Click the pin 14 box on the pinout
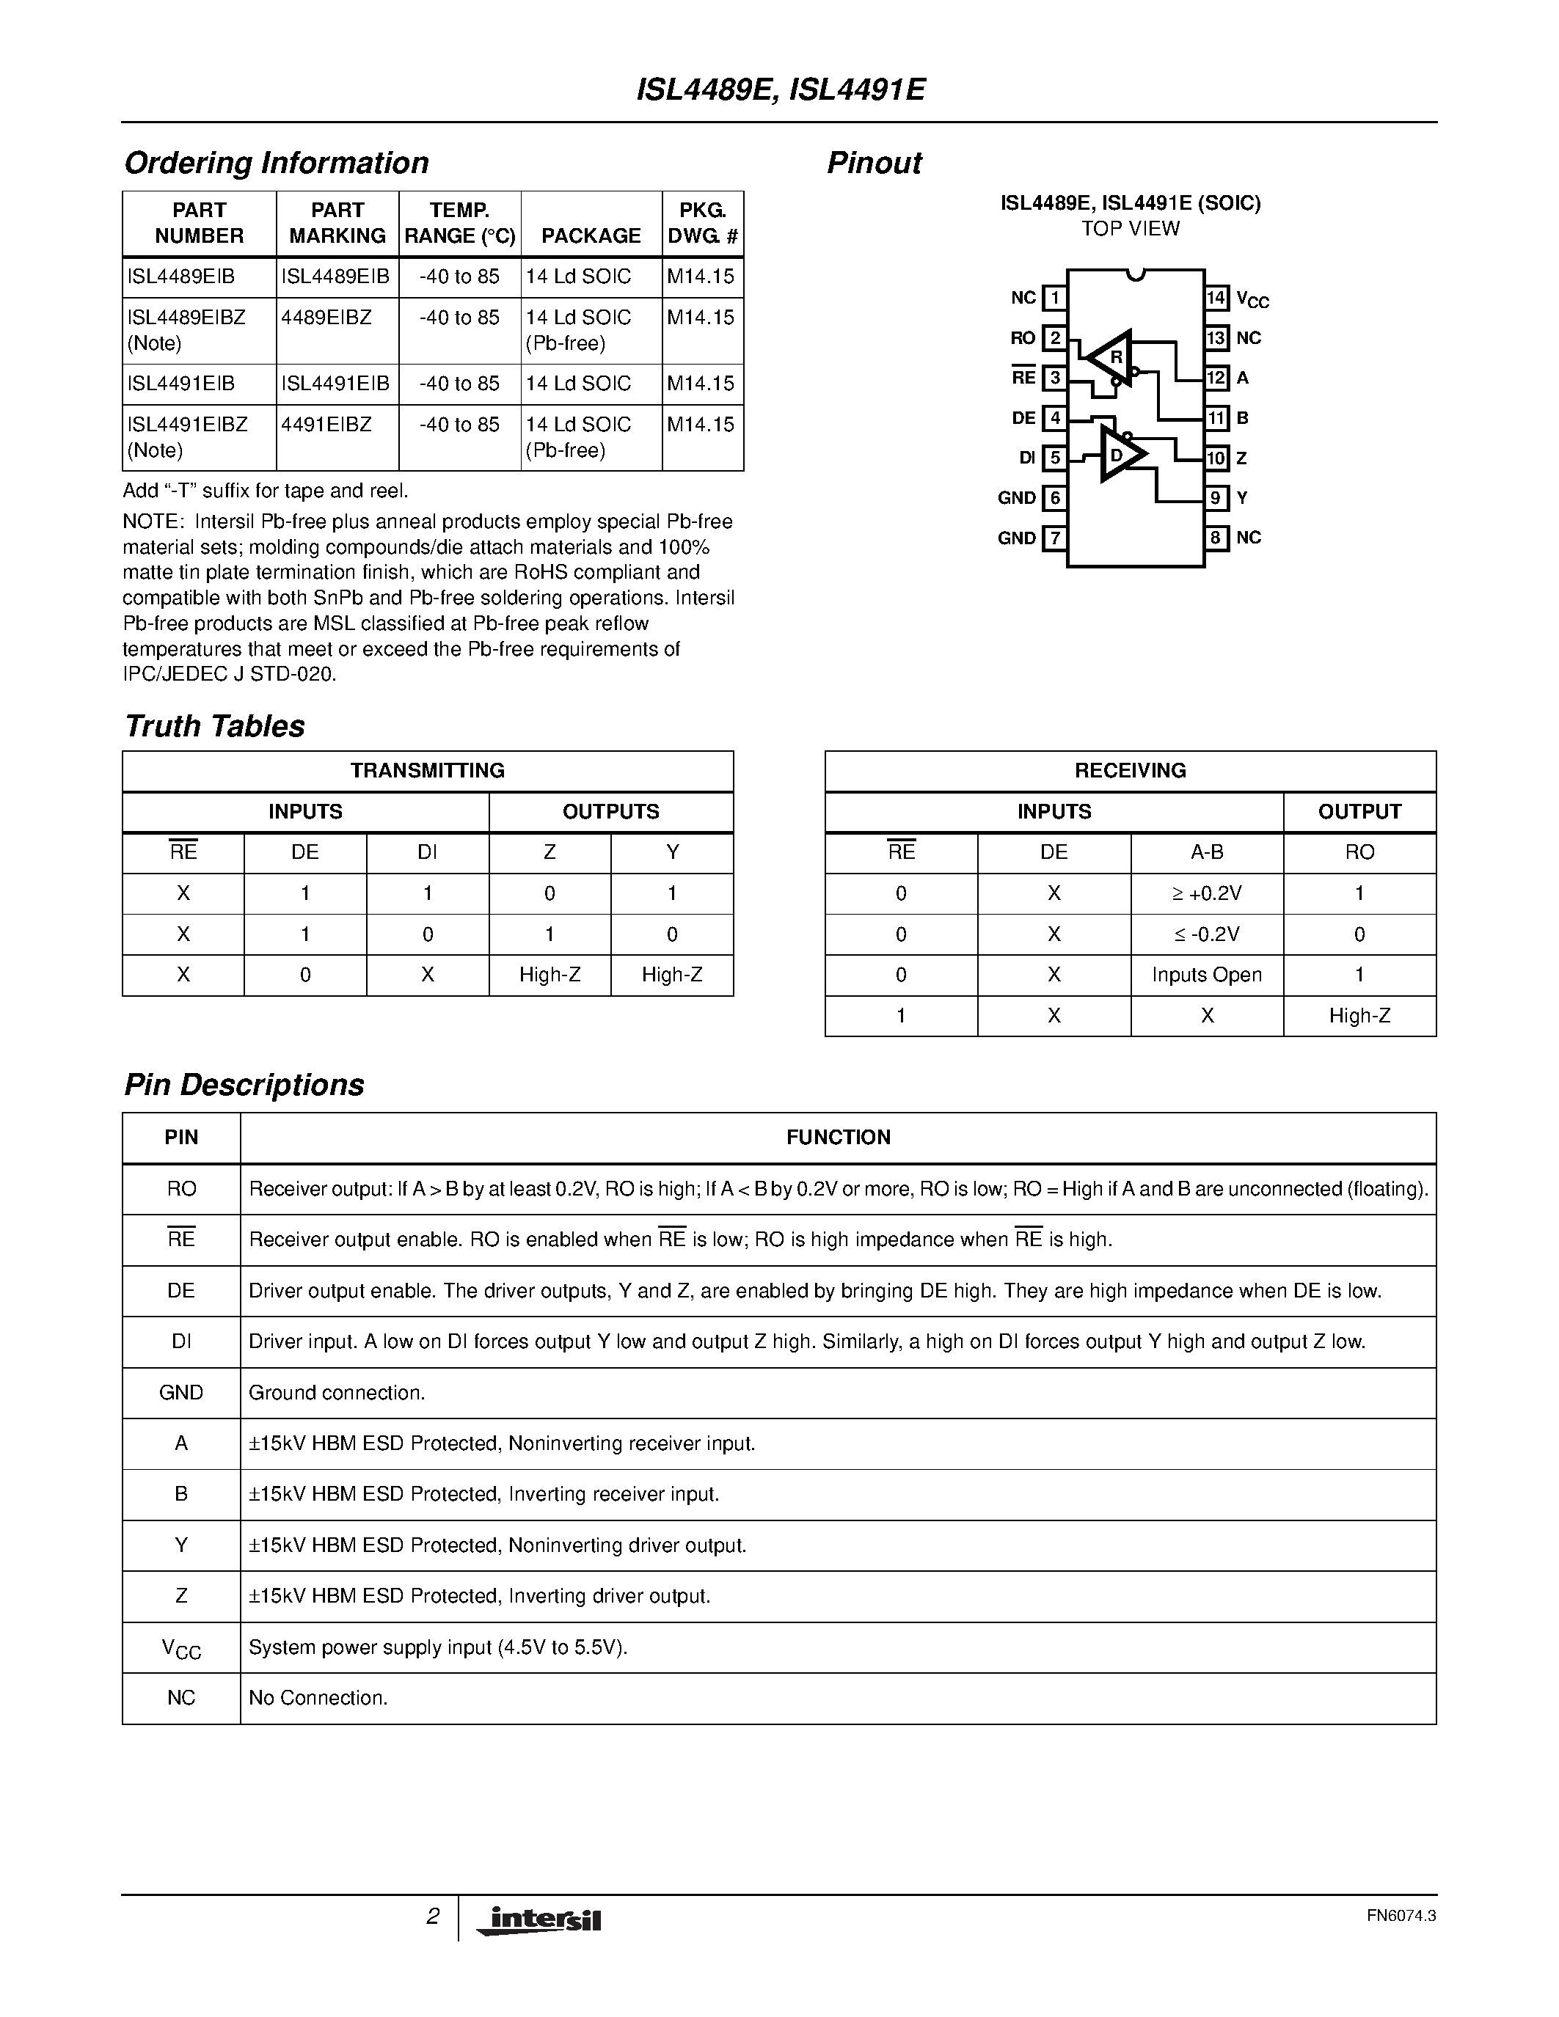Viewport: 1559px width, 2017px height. click(x=1216, y=297)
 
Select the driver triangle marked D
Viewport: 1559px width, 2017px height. click(x=1120, y=455)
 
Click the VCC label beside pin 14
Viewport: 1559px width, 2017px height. click(x=1252, y=299)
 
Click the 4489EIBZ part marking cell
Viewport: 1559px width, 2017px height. click(x=327, y=318)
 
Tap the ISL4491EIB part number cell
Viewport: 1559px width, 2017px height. click(x=181, y=384)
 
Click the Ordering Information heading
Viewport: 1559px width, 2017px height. click(x=276, y=163)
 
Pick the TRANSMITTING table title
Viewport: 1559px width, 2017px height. click(x=427, y=770)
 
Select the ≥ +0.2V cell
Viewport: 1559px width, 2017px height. click(x=1206, y=893)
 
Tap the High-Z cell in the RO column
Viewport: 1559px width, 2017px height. click(x=1359, y=1016)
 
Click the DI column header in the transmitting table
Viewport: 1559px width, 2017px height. click(x=427, y=852)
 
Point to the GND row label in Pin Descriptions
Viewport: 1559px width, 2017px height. click(x=181, y=1392)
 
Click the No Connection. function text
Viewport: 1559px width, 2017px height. click(x=318, y=1697)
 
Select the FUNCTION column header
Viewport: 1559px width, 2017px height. click(x=838, y=1137)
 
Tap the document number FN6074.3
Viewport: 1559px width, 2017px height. click(x=1400, y=1915)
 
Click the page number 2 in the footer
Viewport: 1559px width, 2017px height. click(x=432, y=1917)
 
